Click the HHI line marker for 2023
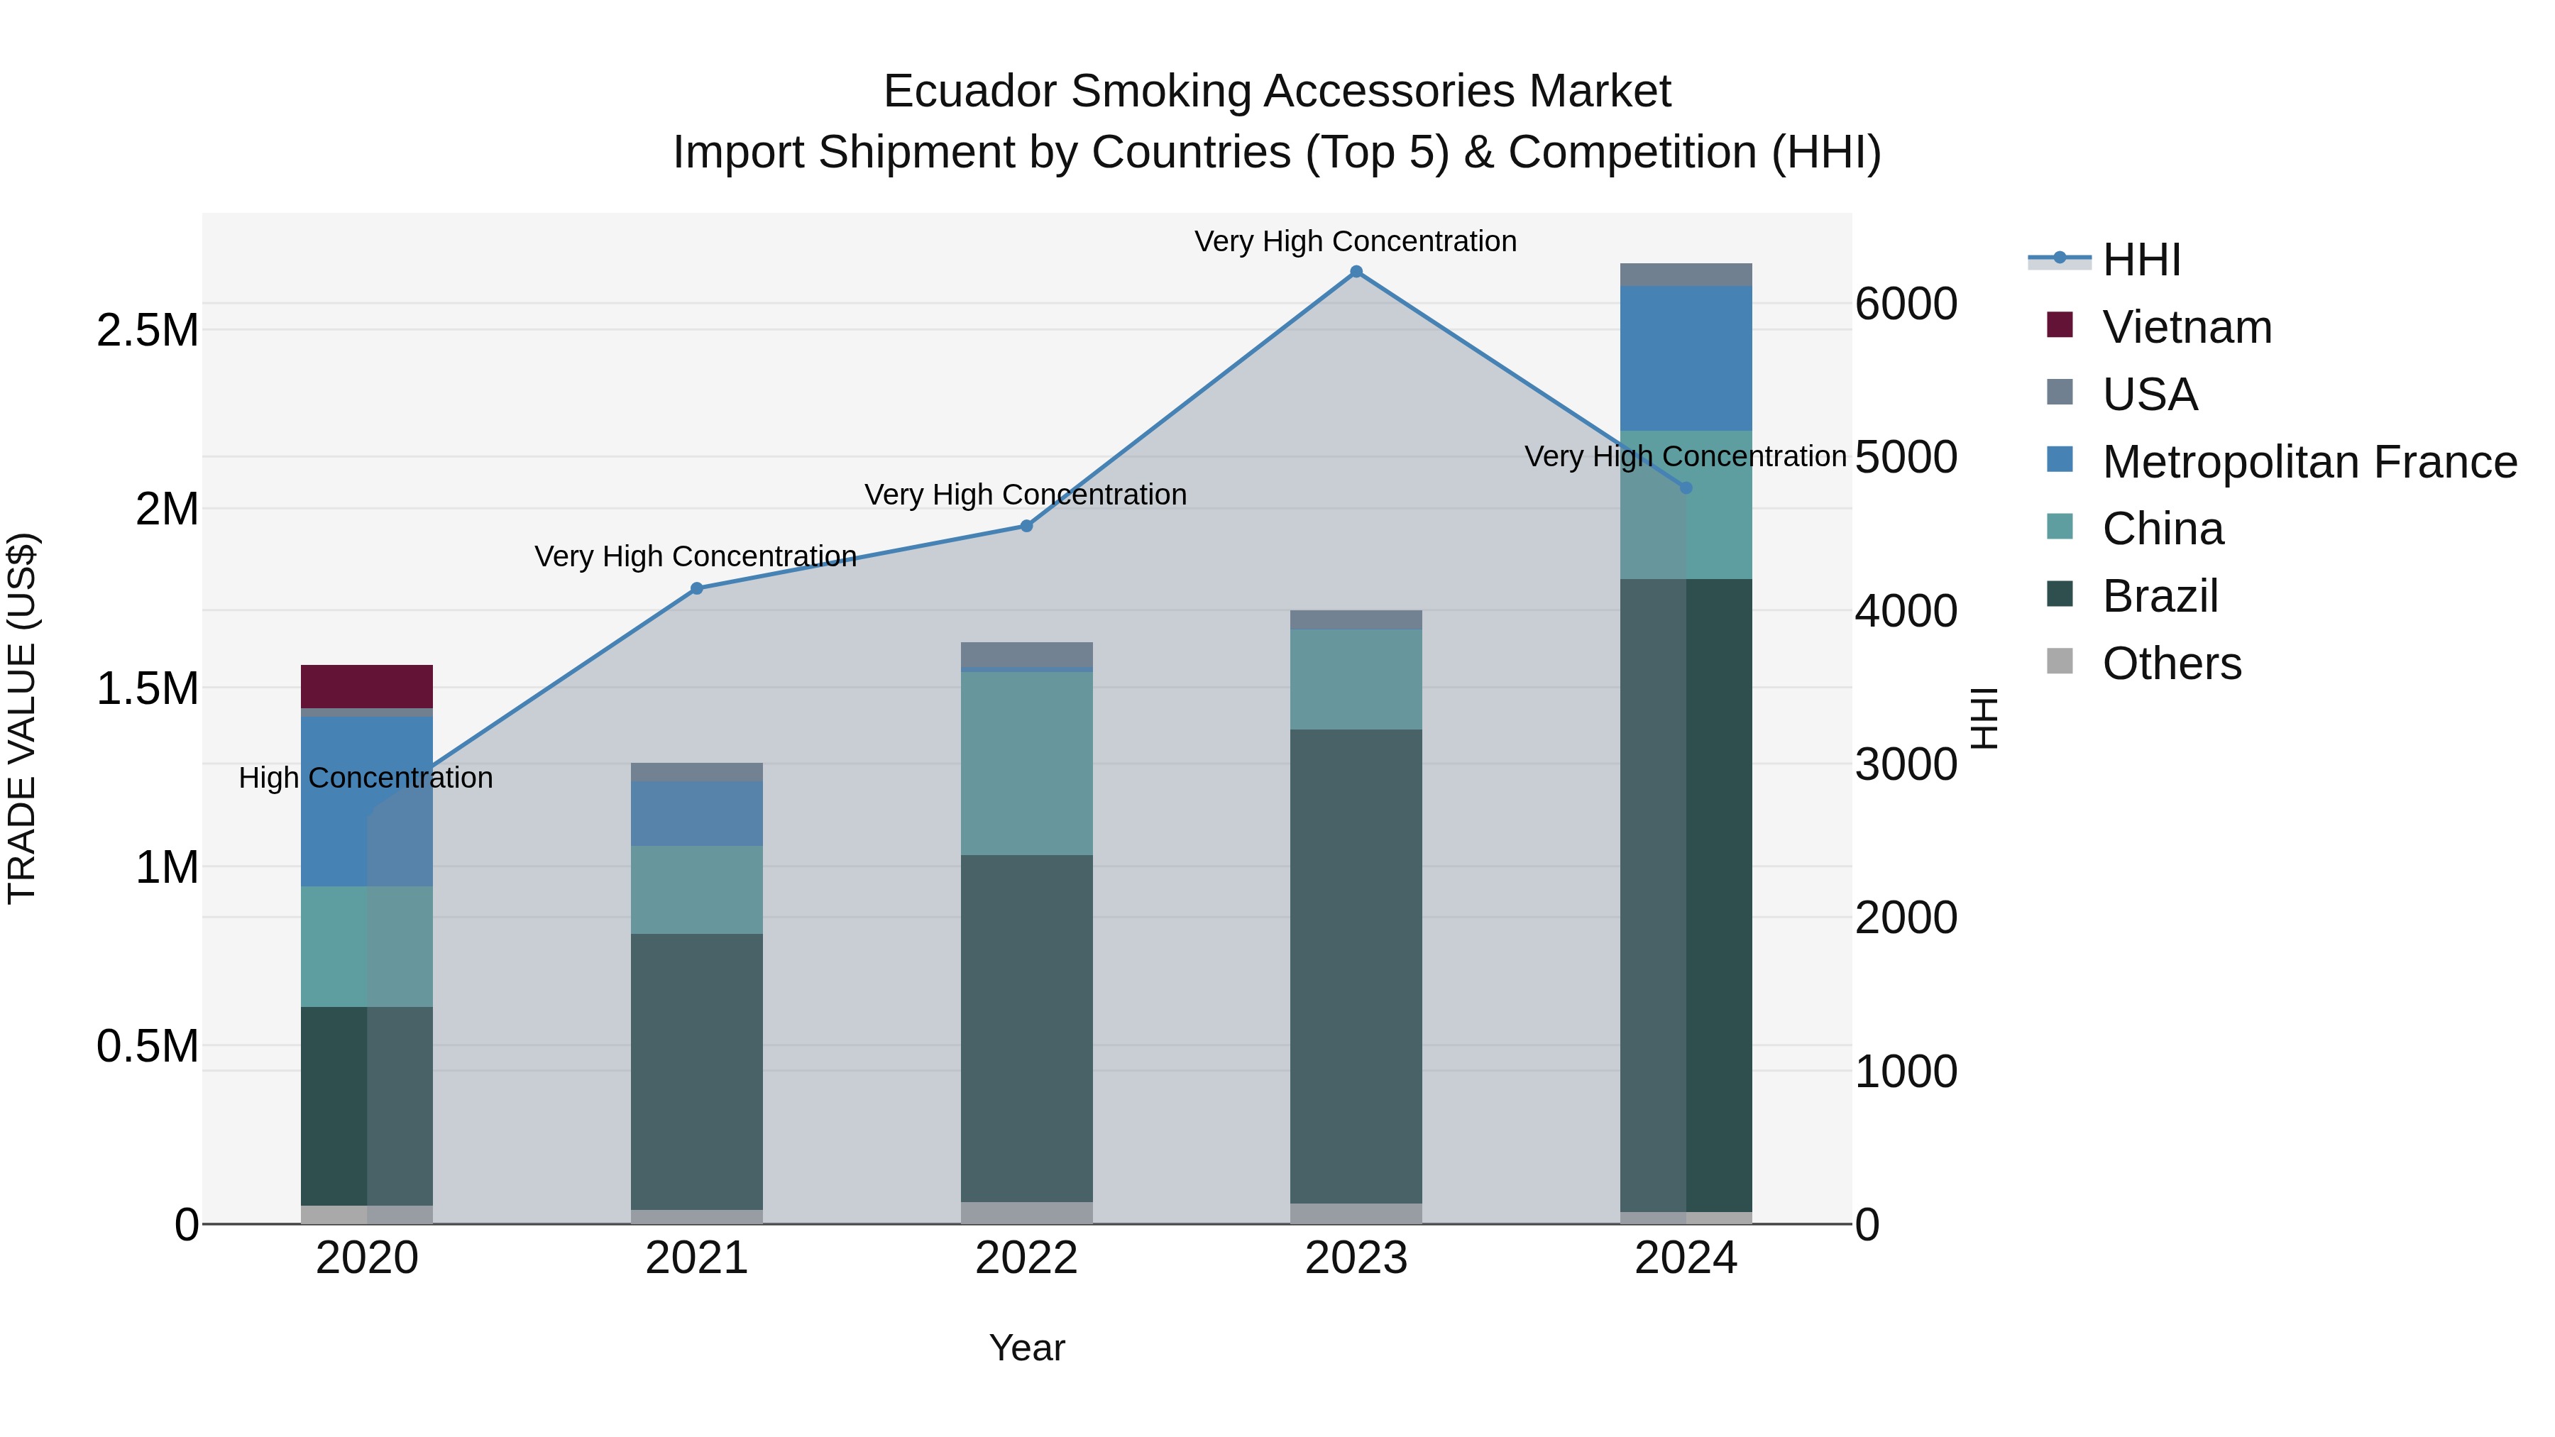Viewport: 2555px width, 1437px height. pos(1356,272)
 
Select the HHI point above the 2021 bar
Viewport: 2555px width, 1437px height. pos(696,588)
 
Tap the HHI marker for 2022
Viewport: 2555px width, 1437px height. pos(1026,526)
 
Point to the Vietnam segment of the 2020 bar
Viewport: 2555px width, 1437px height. pos(367,686)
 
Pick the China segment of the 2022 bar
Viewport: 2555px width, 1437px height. pos(1026,763)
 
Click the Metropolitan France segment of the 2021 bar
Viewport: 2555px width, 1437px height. pos(696,813)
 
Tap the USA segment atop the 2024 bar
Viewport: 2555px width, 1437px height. pos(1686,275)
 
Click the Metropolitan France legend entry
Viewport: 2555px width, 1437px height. pos(2308,462)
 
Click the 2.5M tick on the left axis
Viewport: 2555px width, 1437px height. pos(148,330)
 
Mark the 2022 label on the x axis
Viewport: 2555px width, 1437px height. pos(1026,1258)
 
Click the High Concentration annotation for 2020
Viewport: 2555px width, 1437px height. pos(366,778)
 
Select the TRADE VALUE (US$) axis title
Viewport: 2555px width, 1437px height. pos(22,718)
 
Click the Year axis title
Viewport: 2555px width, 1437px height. pos(1026,1348)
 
